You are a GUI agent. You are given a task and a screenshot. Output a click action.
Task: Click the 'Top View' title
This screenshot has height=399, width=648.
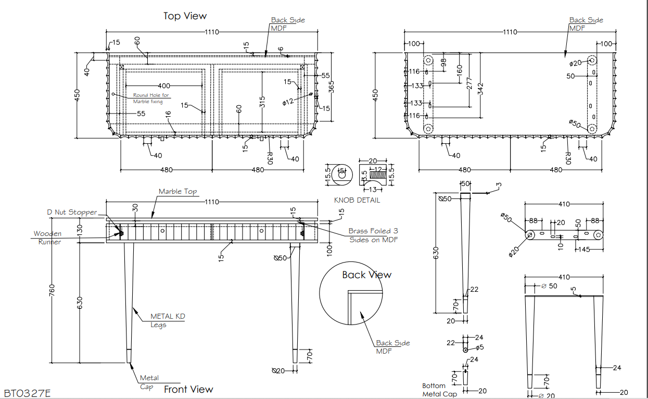coord(185,16)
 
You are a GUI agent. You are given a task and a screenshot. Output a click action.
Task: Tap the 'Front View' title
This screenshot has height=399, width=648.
coord(188,390)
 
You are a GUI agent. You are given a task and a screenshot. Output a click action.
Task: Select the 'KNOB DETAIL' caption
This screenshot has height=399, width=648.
coord(357,200)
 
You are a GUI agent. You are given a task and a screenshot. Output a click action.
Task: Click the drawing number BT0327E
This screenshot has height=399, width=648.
coord(27,393)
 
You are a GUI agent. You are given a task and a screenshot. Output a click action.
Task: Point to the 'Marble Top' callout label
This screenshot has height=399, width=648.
coord(177,191)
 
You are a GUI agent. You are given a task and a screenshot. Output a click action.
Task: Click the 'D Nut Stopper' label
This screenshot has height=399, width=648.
coord(72,212)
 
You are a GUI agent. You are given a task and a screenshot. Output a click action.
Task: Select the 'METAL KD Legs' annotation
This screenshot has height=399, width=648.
coord(168,320)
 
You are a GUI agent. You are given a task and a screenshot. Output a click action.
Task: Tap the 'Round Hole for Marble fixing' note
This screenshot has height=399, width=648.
coord(151,98)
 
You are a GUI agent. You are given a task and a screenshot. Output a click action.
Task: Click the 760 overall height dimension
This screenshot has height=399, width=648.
coord(52,291)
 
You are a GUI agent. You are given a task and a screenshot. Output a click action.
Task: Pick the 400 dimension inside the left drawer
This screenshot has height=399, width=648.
coord(164,86)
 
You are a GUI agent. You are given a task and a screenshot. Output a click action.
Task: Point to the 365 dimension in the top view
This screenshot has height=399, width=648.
coord(332,87)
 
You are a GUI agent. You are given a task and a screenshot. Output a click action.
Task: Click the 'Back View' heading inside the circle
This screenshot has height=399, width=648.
coord(367,275)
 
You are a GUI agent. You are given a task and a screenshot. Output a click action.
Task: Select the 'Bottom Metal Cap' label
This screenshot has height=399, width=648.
coord(439,390)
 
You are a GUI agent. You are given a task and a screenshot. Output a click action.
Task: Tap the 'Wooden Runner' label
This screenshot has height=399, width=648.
coord(47,238)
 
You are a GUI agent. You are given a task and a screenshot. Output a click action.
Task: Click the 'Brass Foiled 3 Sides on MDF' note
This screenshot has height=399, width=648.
coord(373,235)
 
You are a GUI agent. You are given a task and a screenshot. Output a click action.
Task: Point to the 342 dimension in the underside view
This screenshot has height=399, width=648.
coord(480,89)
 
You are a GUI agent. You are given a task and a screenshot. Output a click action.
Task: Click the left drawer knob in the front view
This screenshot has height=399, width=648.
coord(162,231)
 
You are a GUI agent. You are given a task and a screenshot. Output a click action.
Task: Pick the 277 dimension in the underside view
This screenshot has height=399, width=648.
coord(469,83)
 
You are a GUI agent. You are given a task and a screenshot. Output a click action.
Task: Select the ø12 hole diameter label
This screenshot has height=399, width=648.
coord(288,102)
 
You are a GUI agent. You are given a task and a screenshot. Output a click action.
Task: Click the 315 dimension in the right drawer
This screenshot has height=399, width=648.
coord(262,102)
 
